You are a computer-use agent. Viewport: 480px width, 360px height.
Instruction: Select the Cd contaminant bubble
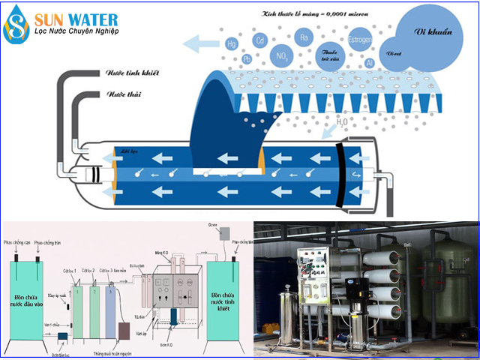[261, 40]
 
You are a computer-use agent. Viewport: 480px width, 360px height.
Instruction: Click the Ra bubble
[304, 37]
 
